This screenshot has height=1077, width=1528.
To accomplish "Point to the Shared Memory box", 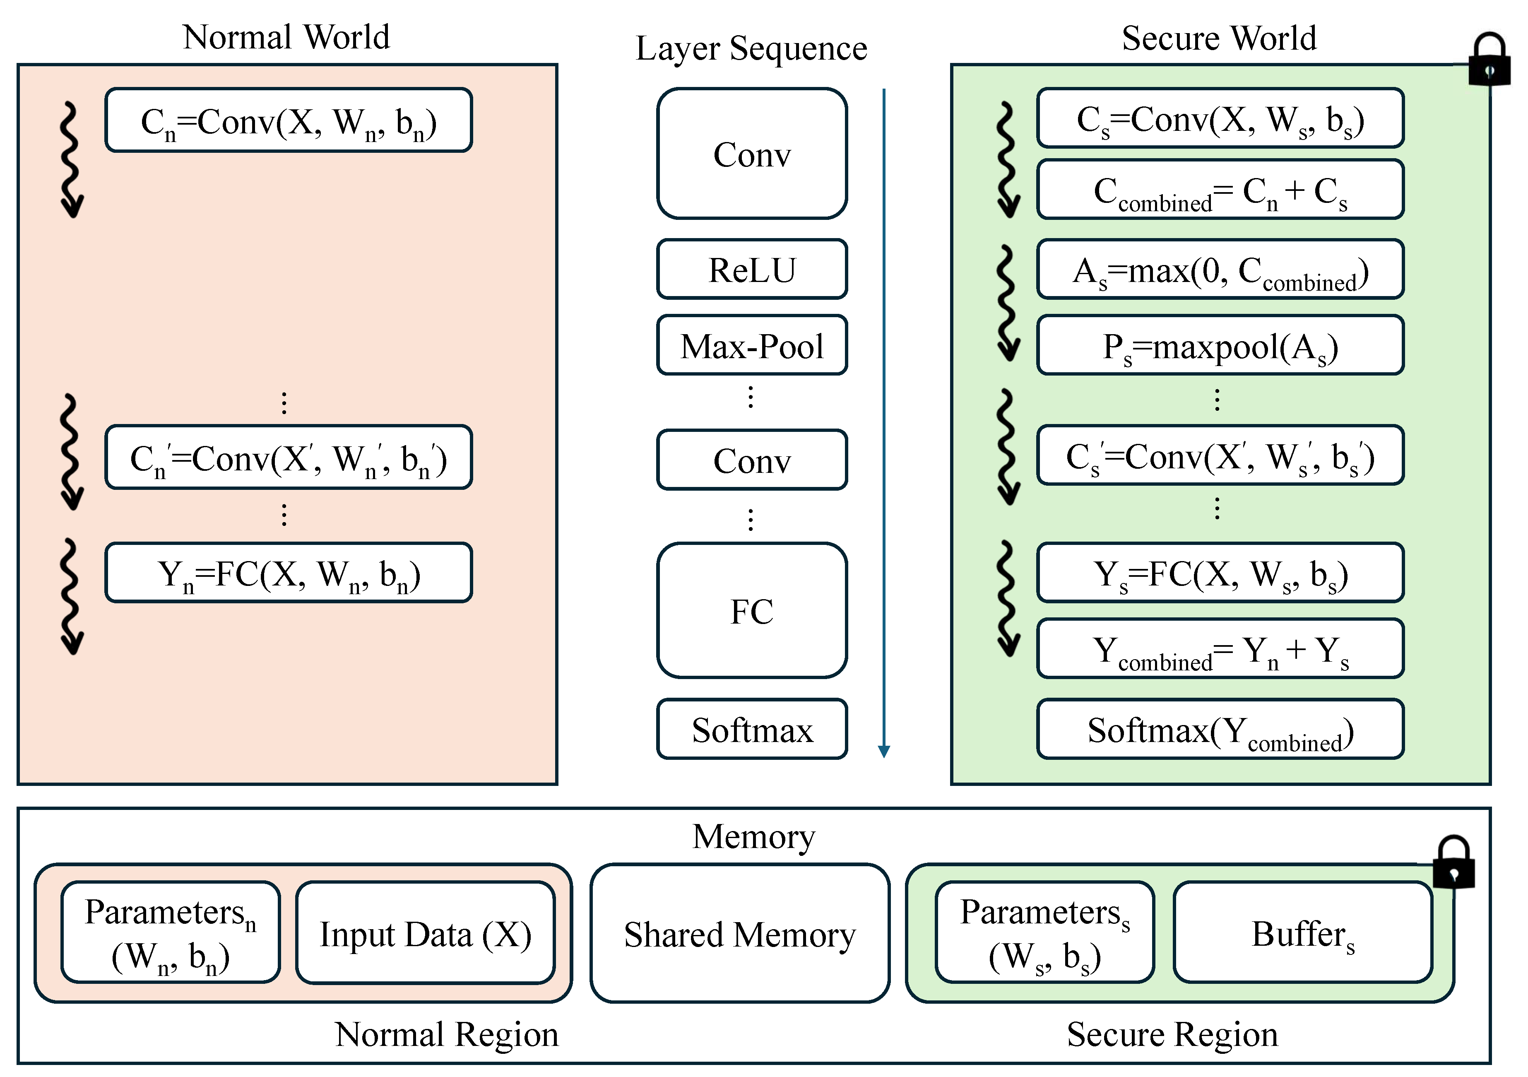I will pos(739,933).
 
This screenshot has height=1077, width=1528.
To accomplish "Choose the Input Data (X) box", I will pos(425,933).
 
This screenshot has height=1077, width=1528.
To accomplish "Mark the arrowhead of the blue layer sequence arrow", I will pos(884,752).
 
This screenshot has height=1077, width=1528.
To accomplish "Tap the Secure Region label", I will pos(1172,1034).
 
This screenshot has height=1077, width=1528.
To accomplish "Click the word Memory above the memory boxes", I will pos(753,837).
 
